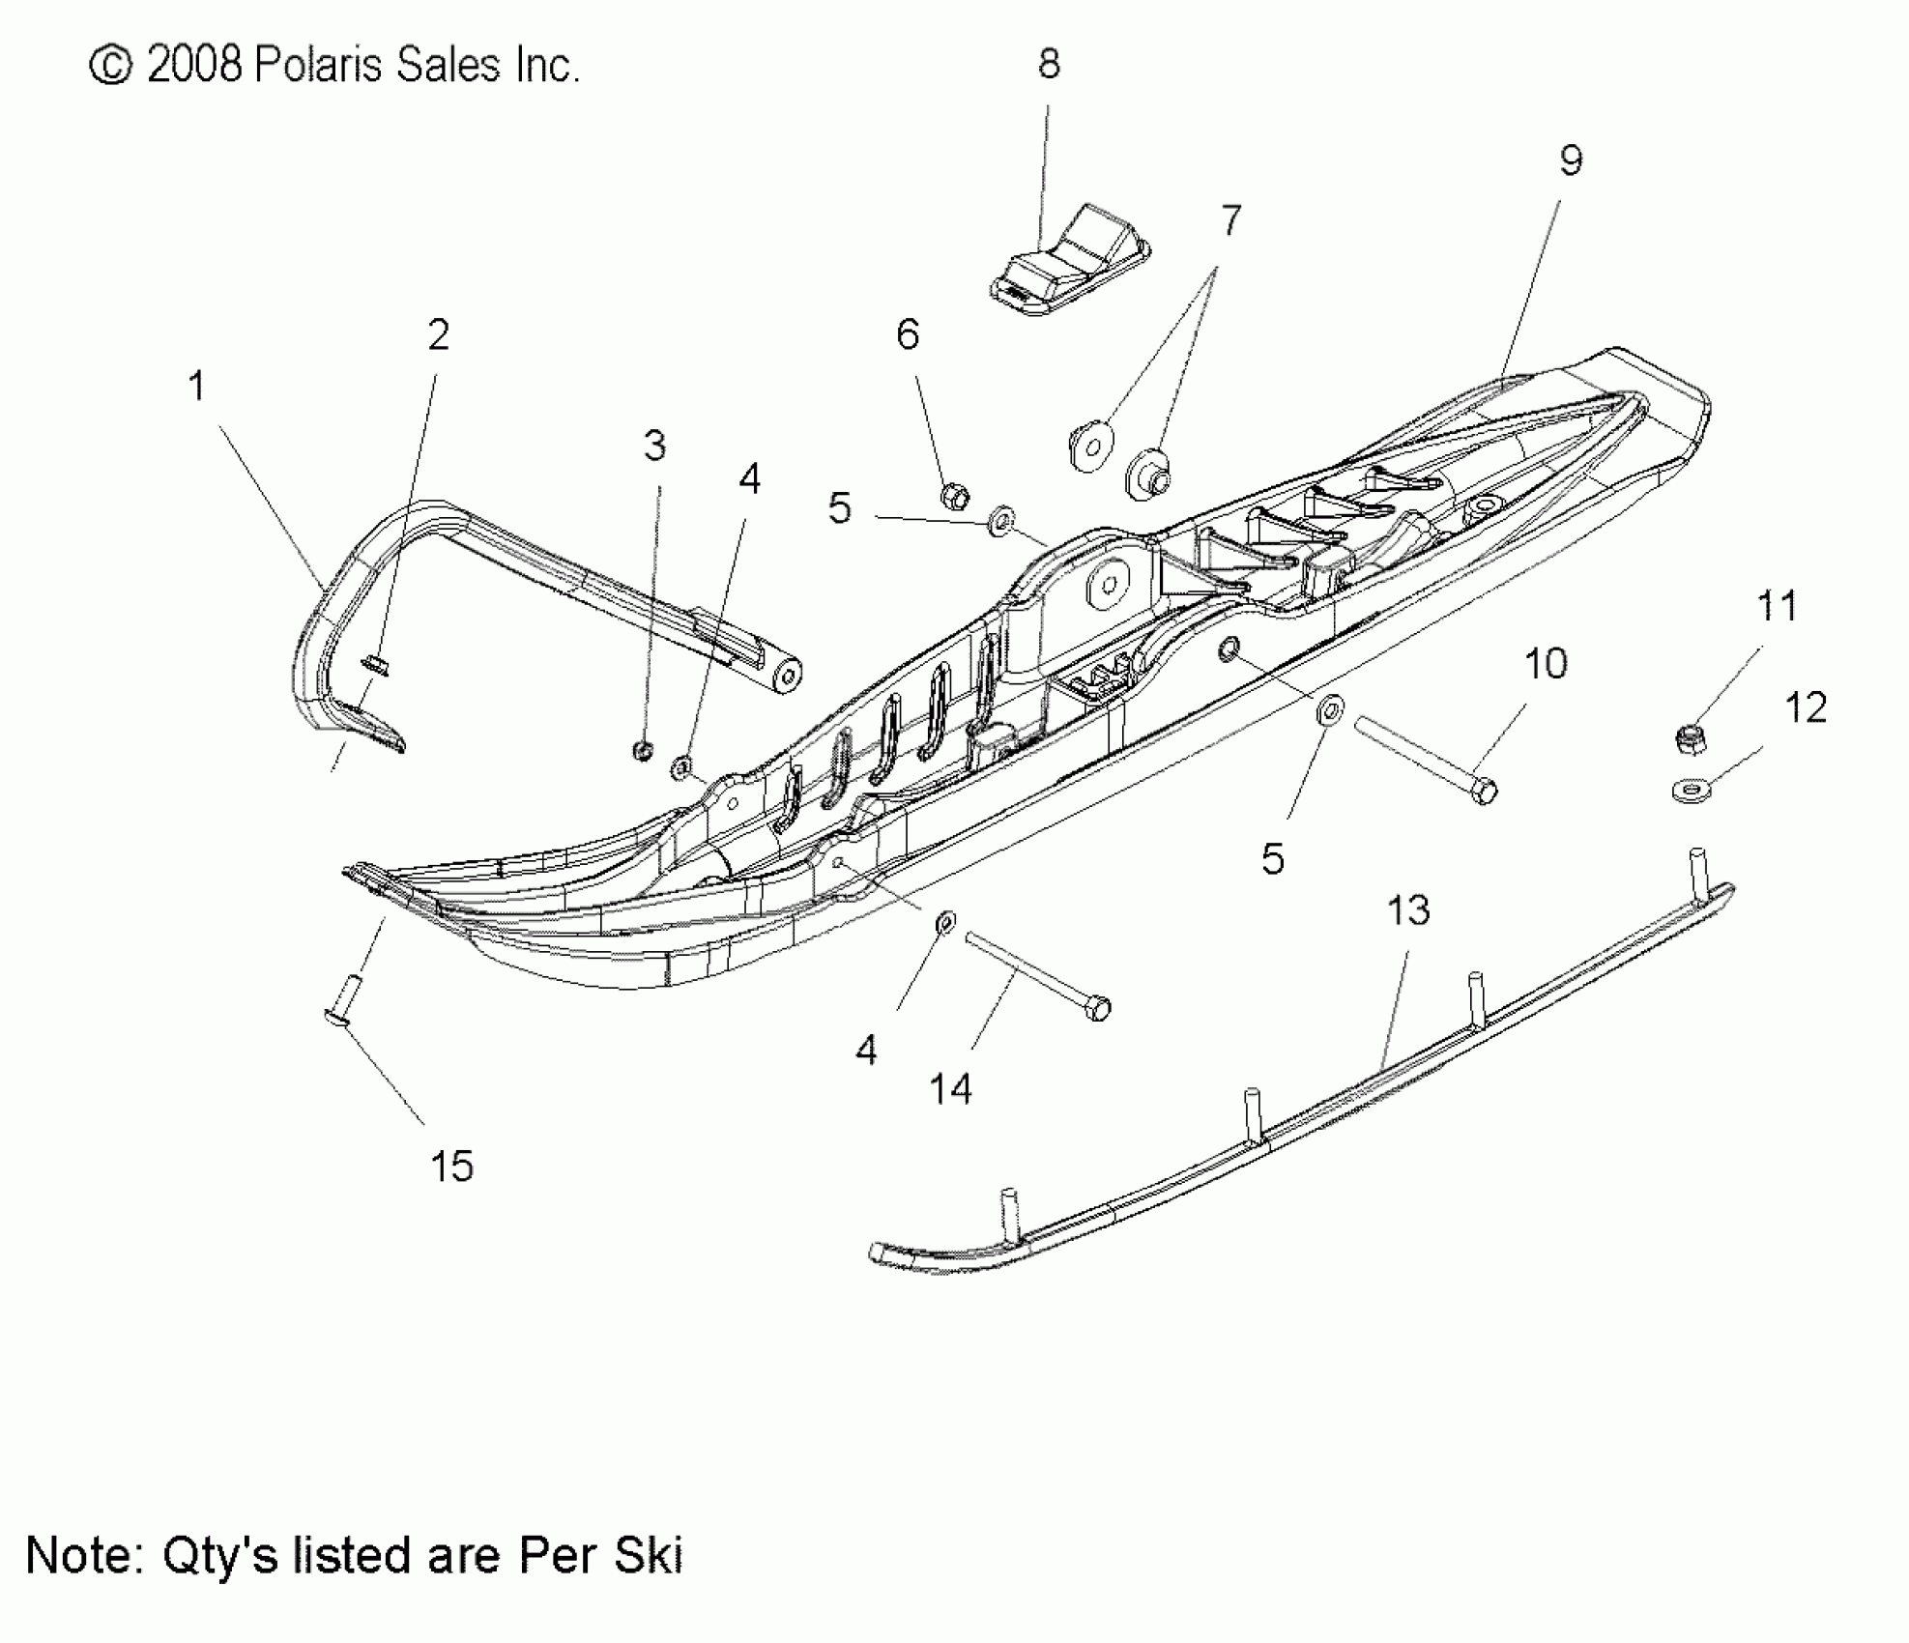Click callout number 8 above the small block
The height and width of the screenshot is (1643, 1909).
pos(1049,64)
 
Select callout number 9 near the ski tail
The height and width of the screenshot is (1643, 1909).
pos(1572,160)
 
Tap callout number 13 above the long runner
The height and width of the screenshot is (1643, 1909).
pos(1408,910)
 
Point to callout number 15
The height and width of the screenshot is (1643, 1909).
pos(451,1167)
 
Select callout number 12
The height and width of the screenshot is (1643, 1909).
pos(1806,707)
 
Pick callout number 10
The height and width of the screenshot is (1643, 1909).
pos(1546,664)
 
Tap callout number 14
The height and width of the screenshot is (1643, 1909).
pos(950,1089)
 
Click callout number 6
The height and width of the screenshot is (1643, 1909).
pos(908,334)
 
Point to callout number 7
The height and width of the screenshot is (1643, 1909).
pos(1230,221)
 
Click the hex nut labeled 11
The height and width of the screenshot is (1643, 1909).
pos(1691,741)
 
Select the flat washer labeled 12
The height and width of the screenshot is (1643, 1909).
pos(1691,791)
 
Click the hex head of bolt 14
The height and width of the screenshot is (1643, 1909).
pos(1098,1008)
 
